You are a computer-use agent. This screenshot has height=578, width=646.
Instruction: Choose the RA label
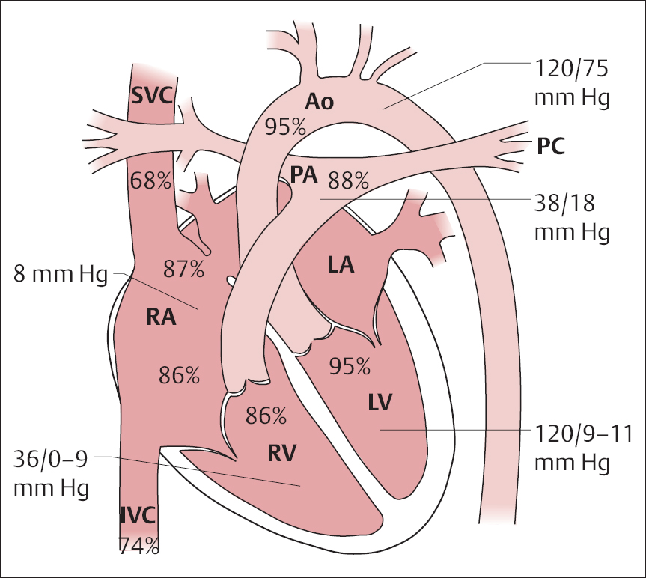pyautogui.click(x=160, y=317)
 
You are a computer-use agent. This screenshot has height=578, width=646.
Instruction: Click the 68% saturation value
pyautogui.click(x=150, y=180)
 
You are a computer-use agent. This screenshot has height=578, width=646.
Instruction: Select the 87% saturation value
pyautogui.click(x=183, y=269)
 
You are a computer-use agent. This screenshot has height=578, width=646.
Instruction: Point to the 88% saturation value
pyautogui.click(x=349, y=180)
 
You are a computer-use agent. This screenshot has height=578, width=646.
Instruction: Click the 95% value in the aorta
pyautogui.click(x=285, y=126)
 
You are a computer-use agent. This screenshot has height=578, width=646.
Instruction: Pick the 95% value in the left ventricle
pyautogui.click(x=350, y=365)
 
